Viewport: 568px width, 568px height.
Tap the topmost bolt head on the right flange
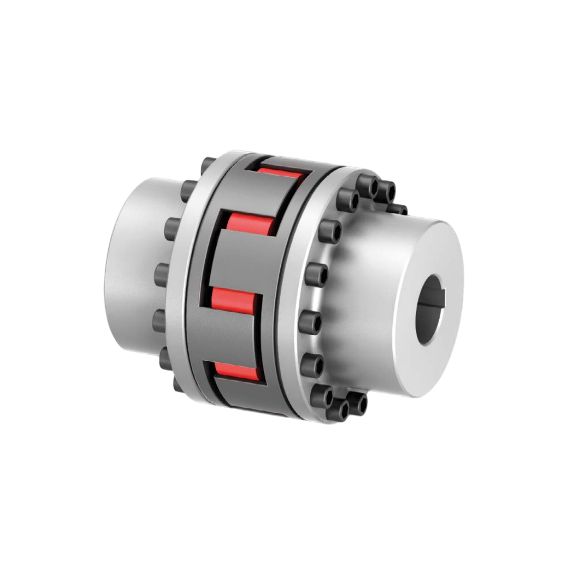(x=368, y=184)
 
